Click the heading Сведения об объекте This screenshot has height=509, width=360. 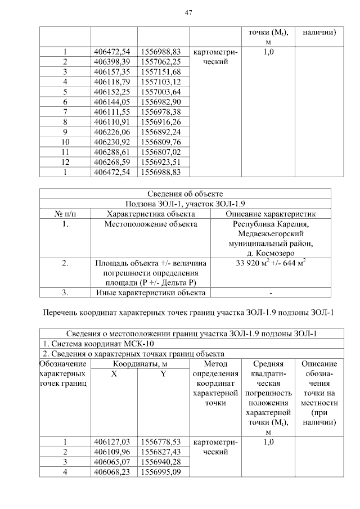[185, 193]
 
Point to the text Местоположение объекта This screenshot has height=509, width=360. [151, 224]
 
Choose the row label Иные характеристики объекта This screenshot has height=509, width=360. [151, 292]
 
